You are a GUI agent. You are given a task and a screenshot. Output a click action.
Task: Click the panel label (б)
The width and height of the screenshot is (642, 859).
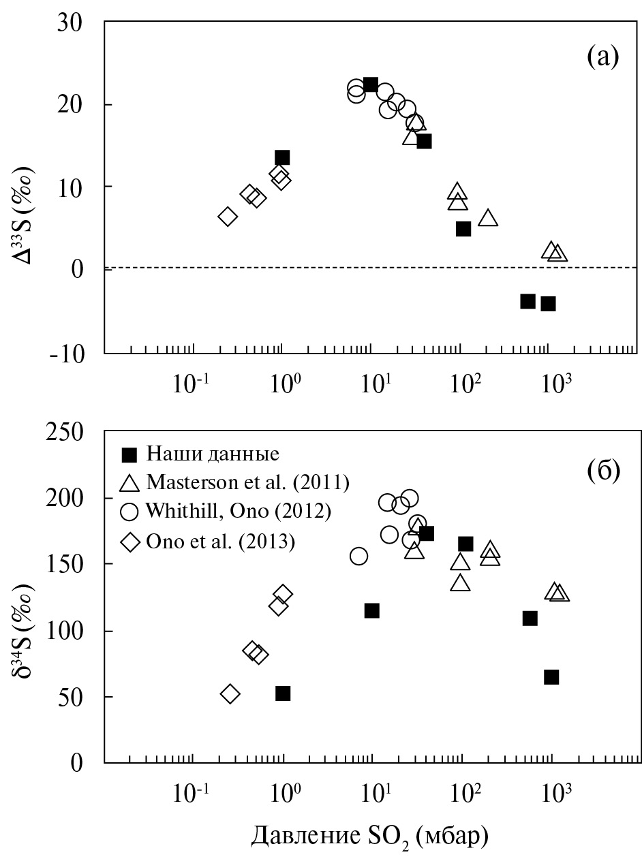click(x=602, y=471)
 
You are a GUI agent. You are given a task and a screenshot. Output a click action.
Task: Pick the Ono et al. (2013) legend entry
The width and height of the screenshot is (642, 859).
click(x=221, y=542)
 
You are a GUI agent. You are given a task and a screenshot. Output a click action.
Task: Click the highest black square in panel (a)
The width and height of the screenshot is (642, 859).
click(x=371, y=85)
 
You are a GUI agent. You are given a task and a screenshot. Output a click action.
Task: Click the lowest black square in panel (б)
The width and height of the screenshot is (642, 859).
click(x=283, y=693)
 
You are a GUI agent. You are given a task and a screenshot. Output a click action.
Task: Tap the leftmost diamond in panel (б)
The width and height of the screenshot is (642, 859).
click(x=230, y=694)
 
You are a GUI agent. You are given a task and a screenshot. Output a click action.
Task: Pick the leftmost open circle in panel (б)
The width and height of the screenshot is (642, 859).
click(x=359, y=556)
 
